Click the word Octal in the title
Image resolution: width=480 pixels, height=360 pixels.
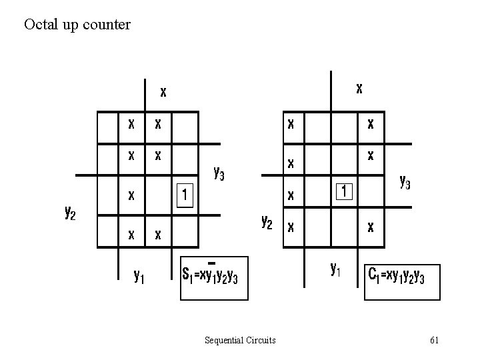pos(38,25)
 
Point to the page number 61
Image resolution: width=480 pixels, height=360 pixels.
pos(434,341)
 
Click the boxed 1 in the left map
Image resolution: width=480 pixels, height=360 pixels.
pos(184,195)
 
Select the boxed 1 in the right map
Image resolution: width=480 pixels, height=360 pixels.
pos(343,191)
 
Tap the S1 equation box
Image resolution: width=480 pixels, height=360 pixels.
pos(214,276)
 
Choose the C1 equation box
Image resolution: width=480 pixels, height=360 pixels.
pos(402,276)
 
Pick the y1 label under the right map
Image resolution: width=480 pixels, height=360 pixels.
pos(336,269)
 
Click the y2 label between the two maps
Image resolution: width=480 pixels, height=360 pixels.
pos(266,221)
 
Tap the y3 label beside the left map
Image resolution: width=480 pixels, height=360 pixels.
pos(218,173)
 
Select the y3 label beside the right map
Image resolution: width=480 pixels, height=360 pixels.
pos(404,181)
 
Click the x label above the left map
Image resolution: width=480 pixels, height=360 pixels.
pos(163,91)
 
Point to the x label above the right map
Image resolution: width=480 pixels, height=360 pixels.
pos(359,87)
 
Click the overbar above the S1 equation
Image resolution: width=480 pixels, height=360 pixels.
pos(212,260)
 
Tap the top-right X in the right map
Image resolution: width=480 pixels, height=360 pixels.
pos(370,123)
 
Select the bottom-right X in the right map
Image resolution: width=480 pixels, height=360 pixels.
pos(370,227)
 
